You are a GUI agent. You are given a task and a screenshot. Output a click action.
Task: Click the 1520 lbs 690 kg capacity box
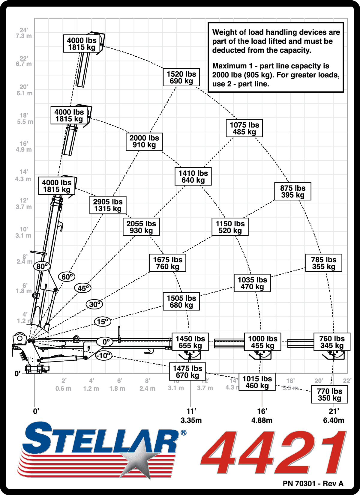pos(181,77)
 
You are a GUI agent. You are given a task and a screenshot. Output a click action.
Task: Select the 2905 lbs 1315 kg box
pos(108,205)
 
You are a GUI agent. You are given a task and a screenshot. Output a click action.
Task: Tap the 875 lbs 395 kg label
pos(293,191)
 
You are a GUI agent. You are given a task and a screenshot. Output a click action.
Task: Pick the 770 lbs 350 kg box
pos(329,395)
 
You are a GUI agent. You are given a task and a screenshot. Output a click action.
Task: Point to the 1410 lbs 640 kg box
pos(193,176)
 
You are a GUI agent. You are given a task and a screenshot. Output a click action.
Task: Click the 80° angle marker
pos(42,266)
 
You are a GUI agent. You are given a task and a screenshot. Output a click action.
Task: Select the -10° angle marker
pos(104,356)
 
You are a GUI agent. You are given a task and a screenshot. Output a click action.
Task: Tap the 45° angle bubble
pos(83,288)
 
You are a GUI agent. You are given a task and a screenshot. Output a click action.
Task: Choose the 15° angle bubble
pos(102,322)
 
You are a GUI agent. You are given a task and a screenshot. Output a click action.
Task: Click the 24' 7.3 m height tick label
pos(24,33)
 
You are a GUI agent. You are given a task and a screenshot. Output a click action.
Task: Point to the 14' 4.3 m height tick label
pos(24,175)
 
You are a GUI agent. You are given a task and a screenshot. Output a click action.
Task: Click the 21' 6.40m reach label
pos(334,416)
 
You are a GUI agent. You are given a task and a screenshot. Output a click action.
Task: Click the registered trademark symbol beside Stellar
pos(183,433)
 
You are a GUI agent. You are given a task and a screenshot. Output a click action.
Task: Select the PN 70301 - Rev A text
pos(313,483)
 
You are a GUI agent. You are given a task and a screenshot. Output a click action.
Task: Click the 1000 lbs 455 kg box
pos(263,342)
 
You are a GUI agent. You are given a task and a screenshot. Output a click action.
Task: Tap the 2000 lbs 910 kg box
pos(144,142)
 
